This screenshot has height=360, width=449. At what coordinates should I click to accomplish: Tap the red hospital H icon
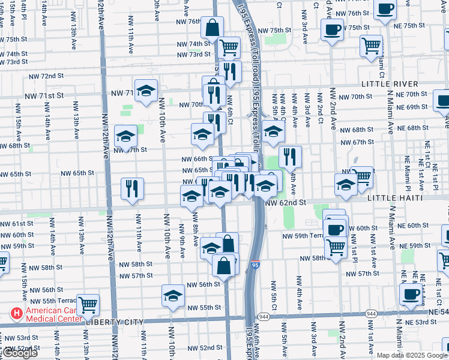tap(16, 313)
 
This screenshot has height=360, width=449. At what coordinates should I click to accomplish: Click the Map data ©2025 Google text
tap(411, 355)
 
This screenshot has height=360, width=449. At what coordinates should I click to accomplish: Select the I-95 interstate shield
tap(255, 263)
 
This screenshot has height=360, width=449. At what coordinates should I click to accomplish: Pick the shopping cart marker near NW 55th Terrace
tap(88, 304)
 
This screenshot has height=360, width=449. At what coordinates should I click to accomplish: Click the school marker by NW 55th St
tap(173, 296)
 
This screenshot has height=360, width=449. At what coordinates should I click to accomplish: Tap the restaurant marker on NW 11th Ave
tap(132, 188)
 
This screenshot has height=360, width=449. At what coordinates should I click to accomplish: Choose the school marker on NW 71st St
tap(146, 91)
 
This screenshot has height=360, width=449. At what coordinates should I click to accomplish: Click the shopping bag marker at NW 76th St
tap(212, 27)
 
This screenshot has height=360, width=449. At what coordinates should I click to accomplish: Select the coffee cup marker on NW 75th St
tap(332, 29)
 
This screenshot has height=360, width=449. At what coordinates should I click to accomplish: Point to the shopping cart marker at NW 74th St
tap(229, 47)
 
